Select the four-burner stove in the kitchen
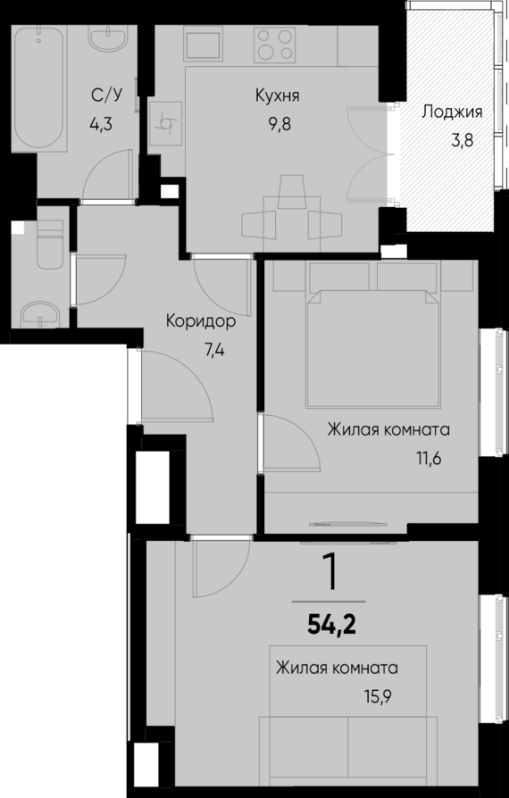tap(275, 44)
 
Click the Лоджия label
tap(452, 112)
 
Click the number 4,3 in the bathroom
tap(104, 124)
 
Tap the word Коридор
tap(200, 322)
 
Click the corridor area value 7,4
tap(214, 349)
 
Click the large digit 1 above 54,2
tap(331, 572)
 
